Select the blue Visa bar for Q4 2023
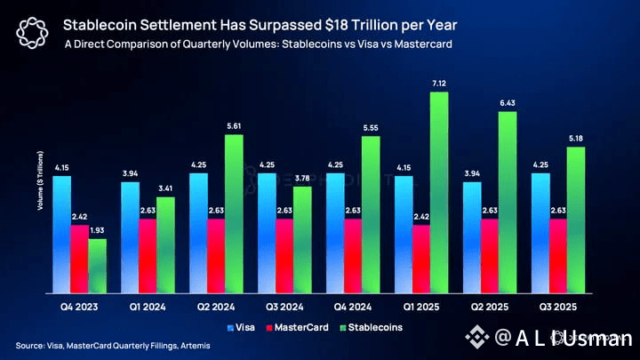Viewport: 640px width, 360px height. (62, 235)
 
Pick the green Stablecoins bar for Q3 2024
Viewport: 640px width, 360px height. (302, 240)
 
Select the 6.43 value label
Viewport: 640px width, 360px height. (508, 104)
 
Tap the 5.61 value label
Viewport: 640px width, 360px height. (234, 126)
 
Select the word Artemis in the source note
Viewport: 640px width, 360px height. (192, 345)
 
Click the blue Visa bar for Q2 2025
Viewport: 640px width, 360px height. (473, 238)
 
